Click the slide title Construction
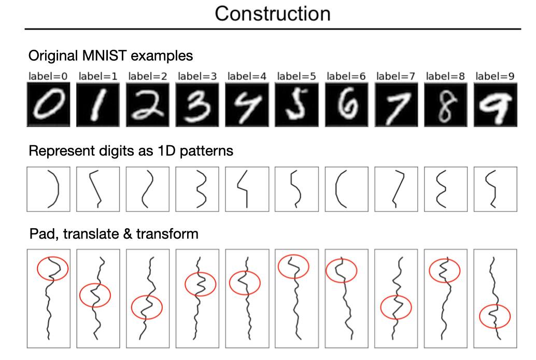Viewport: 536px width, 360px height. click(272, 13)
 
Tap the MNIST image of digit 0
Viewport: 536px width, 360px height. click(48, 106)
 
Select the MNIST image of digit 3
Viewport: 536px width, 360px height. click(197, 106)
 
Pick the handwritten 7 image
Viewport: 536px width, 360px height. click(396, 106)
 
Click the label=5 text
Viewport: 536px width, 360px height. click(297, 76)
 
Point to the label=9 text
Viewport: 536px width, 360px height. click(495, 76)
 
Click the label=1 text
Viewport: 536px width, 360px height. click(98, 76)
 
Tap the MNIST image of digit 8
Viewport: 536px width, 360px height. click(445, 106)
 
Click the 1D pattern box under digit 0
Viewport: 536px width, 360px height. click(48, 189)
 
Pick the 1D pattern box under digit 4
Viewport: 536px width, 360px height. click(247, 189)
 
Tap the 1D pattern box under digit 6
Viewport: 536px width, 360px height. click(346, 189)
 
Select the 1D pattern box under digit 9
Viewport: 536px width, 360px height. click(495, 189)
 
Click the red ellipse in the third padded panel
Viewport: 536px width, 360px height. click(147, 307)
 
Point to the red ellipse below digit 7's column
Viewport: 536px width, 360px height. click(396, 307)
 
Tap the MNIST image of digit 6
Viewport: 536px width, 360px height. click(346, 106)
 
